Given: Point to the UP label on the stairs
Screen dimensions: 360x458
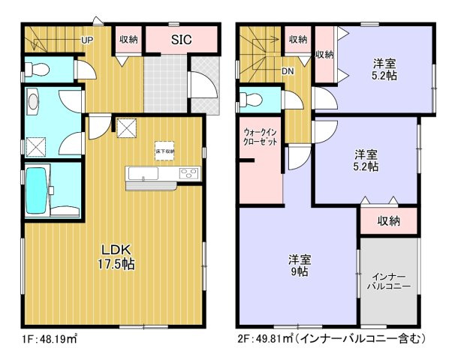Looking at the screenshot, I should click(x=87, y=40).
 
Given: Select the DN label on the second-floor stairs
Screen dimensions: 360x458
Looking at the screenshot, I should click(x=288, y=71).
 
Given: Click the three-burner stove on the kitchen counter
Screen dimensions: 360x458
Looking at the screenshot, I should click(x=188, y=175).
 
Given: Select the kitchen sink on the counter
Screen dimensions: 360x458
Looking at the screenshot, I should click(x=143, y=176).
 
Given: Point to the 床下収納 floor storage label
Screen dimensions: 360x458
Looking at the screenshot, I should click(x=165, y=151).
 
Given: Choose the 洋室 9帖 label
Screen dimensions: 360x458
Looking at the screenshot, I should click(x=300, y=265).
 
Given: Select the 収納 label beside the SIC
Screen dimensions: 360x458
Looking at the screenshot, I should click(x=128, y=40).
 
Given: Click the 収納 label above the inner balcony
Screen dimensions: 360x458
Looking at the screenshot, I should click(x=388, y=220).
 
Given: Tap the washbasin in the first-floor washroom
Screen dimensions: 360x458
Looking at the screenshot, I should click(x=33, y=100).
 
